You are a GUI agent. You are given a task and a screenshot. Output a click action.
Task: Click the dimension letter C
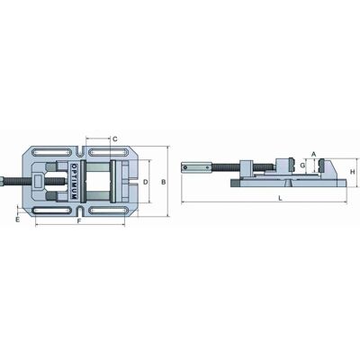point(115,139)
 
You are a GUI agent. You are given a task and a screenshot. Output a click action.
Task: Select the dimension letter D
point(145,182)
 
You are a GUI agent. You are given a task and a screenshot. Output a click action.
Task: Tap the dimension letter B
point(164,182)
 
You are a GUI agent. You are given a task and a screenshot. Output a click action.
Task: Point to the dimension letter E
point(18,220)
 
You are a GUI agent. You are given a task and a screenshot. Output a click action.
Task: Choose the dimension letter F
point(79,221)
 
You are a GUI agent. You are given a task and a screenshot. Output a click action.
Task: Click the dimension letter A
point(314,154)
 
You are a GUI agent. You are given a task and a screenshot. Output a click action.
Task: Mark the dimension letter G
point(302,166)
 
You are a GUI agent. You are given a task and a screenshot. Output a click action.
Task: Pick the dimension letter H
point(353,172)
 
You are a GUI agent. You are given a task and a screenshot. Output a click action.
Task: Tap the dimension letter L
point(280,198)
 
